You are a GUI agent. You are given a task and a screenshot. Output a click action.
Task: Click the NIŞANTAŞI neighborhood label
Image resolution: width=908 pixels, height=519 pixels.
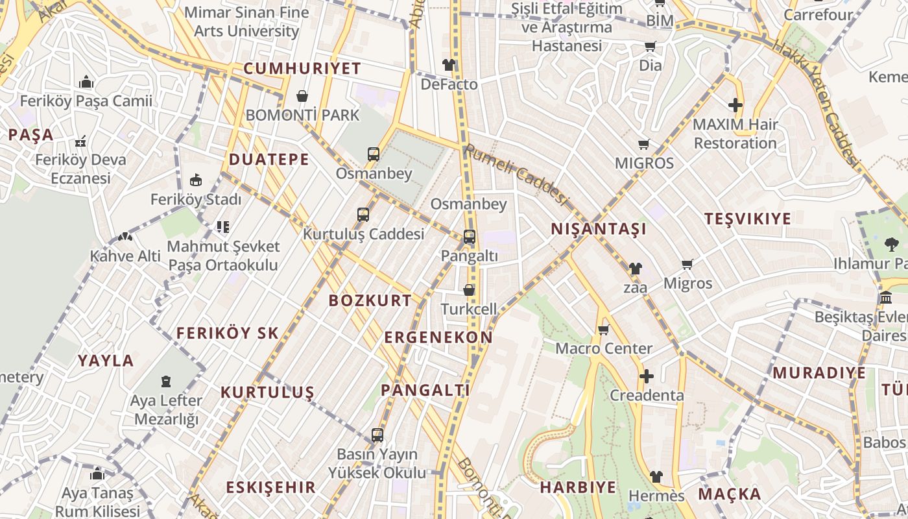(599, 229)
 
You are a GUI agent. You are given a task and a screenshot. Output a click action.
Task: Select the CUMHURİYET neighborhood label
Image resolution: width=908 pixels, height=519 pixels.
(302, 69)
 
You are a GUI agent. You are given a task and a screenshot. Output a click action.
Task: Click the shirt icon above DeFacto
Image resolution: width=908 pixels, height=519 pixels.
(449, 65)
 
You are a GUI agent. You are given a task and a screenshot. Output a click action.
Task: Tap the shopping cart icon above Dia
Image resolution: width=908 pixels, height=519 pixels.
(650, 46)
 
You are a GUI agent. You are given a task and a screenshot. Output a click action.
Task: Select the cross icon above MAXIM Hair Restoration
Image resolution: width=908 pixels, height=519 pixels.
(735, 104)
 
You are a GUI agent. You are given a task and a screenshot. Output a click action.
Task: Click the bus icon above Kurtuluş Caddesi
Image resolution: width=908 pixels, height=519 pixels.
(363, 215)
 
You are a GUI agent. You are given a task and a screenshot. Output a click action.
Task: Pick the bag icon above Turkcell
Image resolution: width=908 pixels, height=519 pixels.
(469, 290)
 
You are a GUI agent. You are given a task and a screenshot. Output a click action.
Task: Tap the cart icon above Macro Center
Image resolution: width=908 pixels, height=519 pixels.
(603, 330)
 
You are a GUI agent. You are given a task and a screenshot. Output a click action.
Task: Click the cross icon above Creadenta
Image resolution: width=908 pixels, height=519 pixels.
(646, 376)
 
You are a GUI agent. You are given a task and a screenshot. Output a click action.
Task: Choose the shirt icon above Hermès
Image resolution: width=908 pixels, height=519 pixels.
(656, 477)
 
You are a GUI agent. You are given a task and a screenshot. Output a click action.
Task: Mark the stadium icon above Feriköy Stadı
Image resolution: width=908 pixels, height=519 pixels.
(195, 180)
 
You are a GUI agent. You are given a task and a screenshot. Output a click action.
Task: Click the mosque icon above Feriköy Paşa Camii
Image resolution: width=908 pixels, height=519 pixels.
(86, 82)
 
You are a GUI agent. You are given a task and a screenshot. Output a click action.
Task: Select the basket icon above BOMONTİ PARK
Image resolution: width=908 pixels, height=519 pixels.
(302, 97)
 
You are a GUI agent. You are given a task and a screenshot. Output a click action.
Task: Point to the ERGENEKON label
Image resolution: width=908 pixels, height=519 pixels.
(438, 337)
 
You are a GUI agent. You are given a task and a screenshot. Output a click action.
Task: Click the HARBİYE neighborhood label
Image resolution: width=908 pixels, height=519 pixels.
(578, 487)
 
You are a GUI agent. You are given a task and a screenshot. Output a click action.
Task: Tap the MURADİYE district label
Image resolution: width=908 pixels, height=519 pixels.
(819, 373)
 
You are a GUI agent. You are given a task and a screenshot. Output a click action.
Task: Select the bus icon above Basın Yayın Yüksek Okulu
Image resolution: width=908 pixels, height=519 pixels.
(377, 435)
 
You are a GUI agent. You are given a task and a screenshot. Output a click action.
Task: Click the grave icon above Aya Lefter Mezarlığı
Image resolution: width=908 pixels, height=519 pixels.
(167, 381)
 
